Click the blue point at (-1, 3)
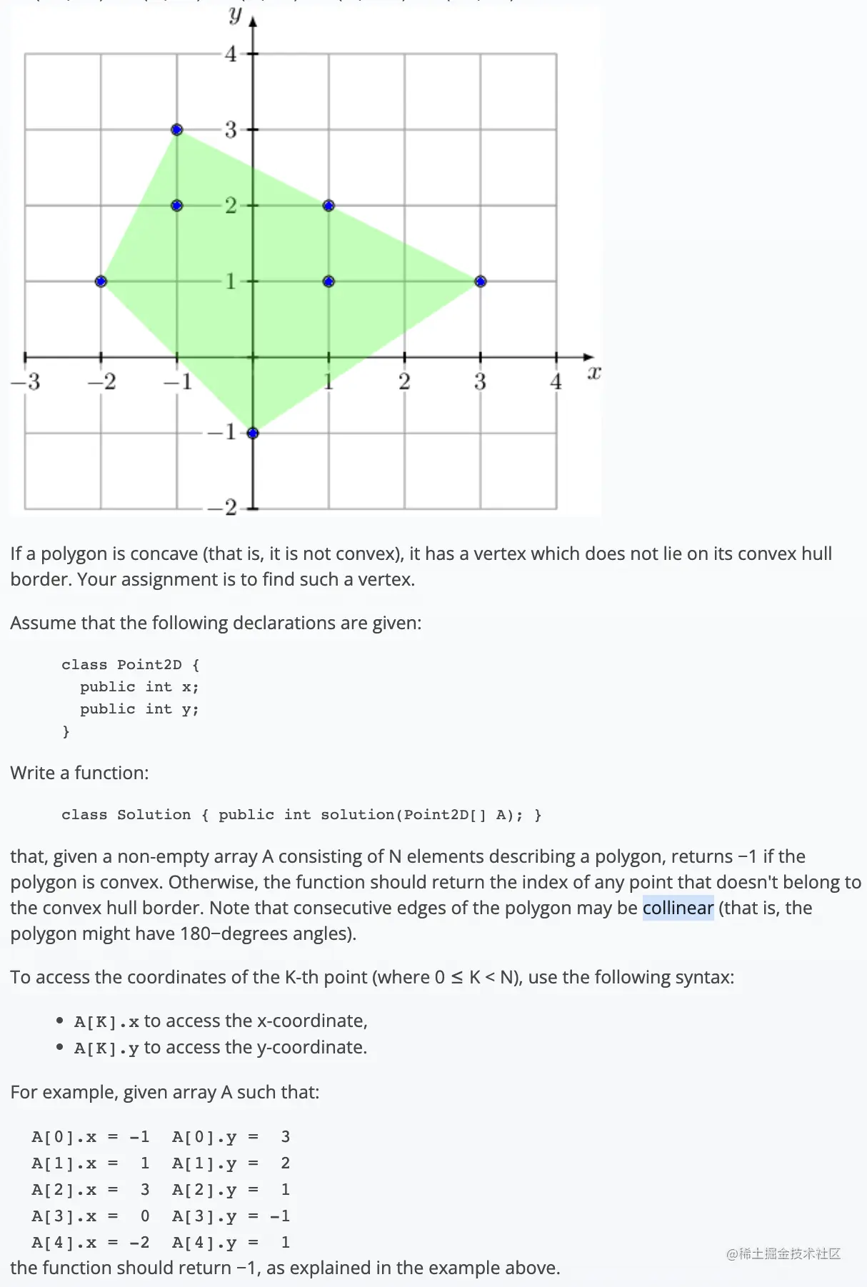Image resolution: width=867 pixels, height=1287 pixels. tap(177, 130)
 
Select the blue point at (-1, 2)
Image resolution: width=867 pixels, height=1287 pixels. tap(177, 206)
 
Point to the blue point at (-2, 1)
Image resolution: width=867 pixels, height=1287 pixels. tap(101, 281)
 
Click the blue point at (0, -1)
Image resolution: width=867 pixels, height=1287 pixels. tap(252, 433)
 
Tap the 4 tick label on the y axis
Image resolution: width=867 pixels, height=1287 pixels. tap(231, 54)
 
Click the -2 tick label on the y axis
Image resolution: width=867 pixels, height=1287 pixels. tap(222, 508)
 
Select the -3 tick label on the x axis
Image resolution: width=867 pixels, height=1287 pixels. tap(26, 382)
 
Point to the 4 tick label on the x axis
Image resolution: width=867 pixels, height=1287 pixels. tap(556, 382)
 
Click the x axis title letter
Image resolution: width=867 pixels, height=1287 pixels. tap(593, 373)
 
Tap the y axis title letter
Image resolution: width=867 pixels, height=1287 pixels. tap(235, 14)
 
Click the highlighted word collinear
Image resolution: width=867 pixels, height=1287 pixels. tap(678, 908)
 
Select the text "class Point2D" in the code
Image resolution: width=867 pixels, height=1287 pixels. tap(121, 665)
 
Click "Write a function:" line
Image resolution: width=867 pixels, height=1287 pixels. tap(79, 773)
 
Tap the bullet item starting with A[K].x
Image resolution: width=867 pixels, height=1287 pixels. tap(221, 1021)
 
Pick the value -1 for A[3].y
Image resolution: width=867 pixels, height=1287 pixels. tap(280, 1216)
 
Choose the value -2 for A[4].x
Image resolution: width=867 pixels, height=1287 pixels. tap(139, 1243)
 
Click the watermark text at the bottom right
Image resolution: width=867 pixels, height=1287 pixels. tap(783, 1253)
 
